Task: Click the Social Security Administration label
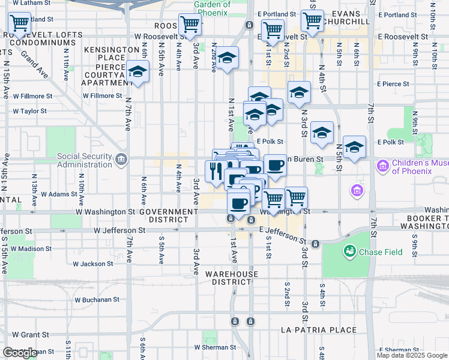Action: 85,161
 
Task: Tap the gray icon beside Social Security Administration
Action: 121,160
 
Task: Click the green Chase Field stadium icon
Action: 349,251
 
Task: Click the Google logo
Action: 20,353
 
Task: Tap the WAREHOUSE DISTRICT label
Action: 232,278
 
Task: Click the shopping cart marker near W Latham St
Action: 20,24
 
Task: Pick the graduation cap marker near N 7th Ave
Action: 137,73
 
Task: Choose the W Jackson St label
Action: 93,263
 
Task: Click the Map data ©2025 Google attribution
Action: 412,355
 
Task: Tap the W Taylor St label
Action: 29,111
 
